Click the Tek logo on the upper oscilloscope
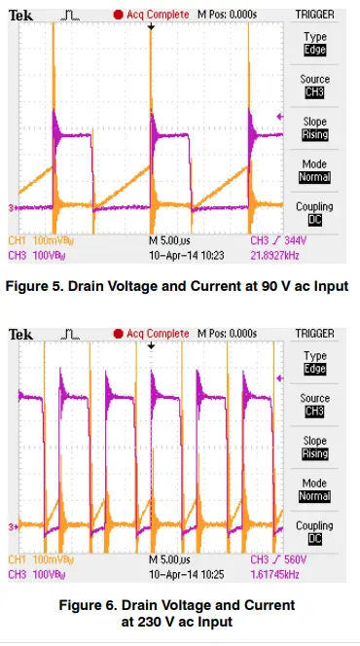(21, 16)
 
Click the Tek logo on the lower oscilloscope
(21, 334)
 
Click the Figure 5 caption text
(176, 286)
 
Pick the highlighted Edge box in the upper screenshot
(315, 49)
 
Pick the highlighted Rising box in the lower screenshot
(315, 453)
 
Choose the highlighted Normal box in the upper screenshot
(315, 178)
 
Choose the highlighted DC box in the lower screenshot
(315, 539)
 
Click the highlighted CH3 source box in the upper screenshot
(315, 92)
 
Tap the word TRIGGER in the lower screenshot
(315, 334)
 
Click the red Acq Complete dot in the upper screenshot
(119, 16)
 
